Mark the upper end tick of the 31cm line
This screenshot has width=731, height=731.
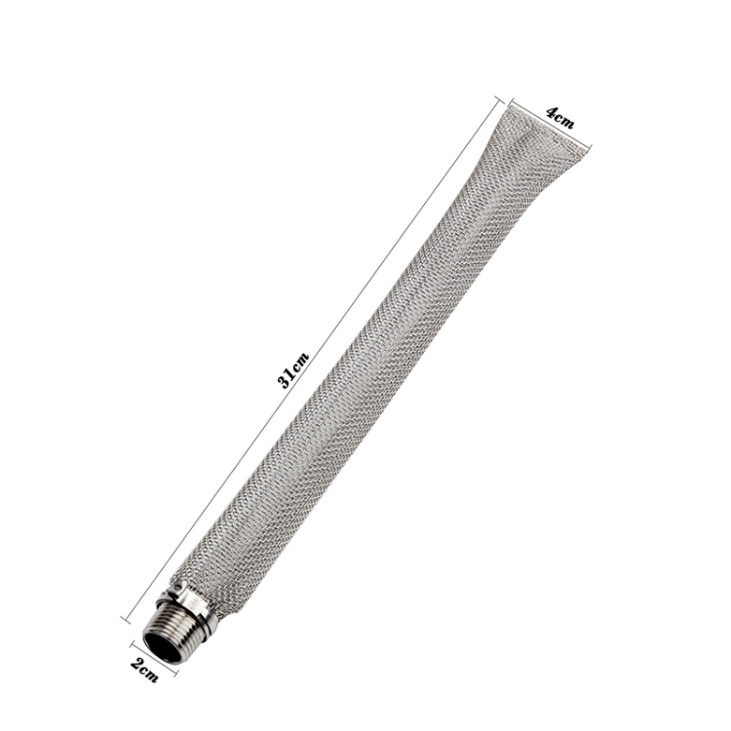(x=498, y=98)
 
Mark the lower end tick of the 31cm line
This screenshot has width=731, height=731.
(x=125, y=618)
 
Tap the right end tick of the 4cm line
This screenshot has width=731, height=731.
(x=590, y=147)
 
